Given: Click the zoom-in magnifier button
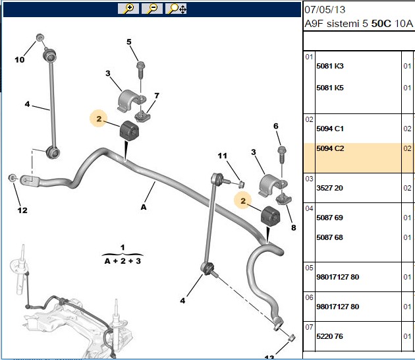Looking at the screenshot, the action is point(128,9).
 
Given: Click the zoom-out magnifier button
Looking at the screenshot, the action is point(152,9).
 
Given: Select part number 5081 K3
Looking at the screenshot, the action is point(330,66).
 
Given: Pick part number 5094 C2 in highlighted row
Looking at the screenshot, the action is point(330,148).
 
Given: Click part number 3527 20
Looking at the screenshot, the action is point(329,188).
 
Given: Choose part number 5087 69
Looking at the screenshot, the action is point(329,218).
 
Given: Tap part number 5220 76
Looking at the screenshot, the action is point(329,336).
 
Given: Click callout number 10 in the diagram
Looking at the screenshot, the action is point(20,59).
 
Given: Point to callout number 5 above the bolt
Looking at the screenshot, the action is point(129,42).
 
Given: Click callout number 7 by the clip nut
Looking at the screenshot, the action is point(157,96).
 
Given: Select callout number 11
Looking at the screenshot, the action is point(223,156).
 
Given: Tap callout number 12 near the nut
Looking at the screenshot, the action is point(22,210).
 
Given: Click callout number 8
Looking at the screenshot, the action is point(294,227).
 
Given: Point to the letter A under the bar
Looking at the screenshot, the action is point(144,207).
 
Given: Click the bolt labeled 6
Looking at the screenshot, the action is point(282,155).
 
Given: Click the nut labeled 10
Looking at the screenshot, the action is point(40,38).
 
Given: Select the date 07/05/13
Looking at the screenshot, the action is point(325,10).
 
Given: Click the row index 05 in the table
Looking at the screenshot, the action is point(309,268).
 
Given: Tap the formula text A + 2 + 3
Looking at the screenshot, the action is point(123,261).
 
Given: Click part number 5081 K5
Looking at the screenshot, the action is point(330,88).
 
